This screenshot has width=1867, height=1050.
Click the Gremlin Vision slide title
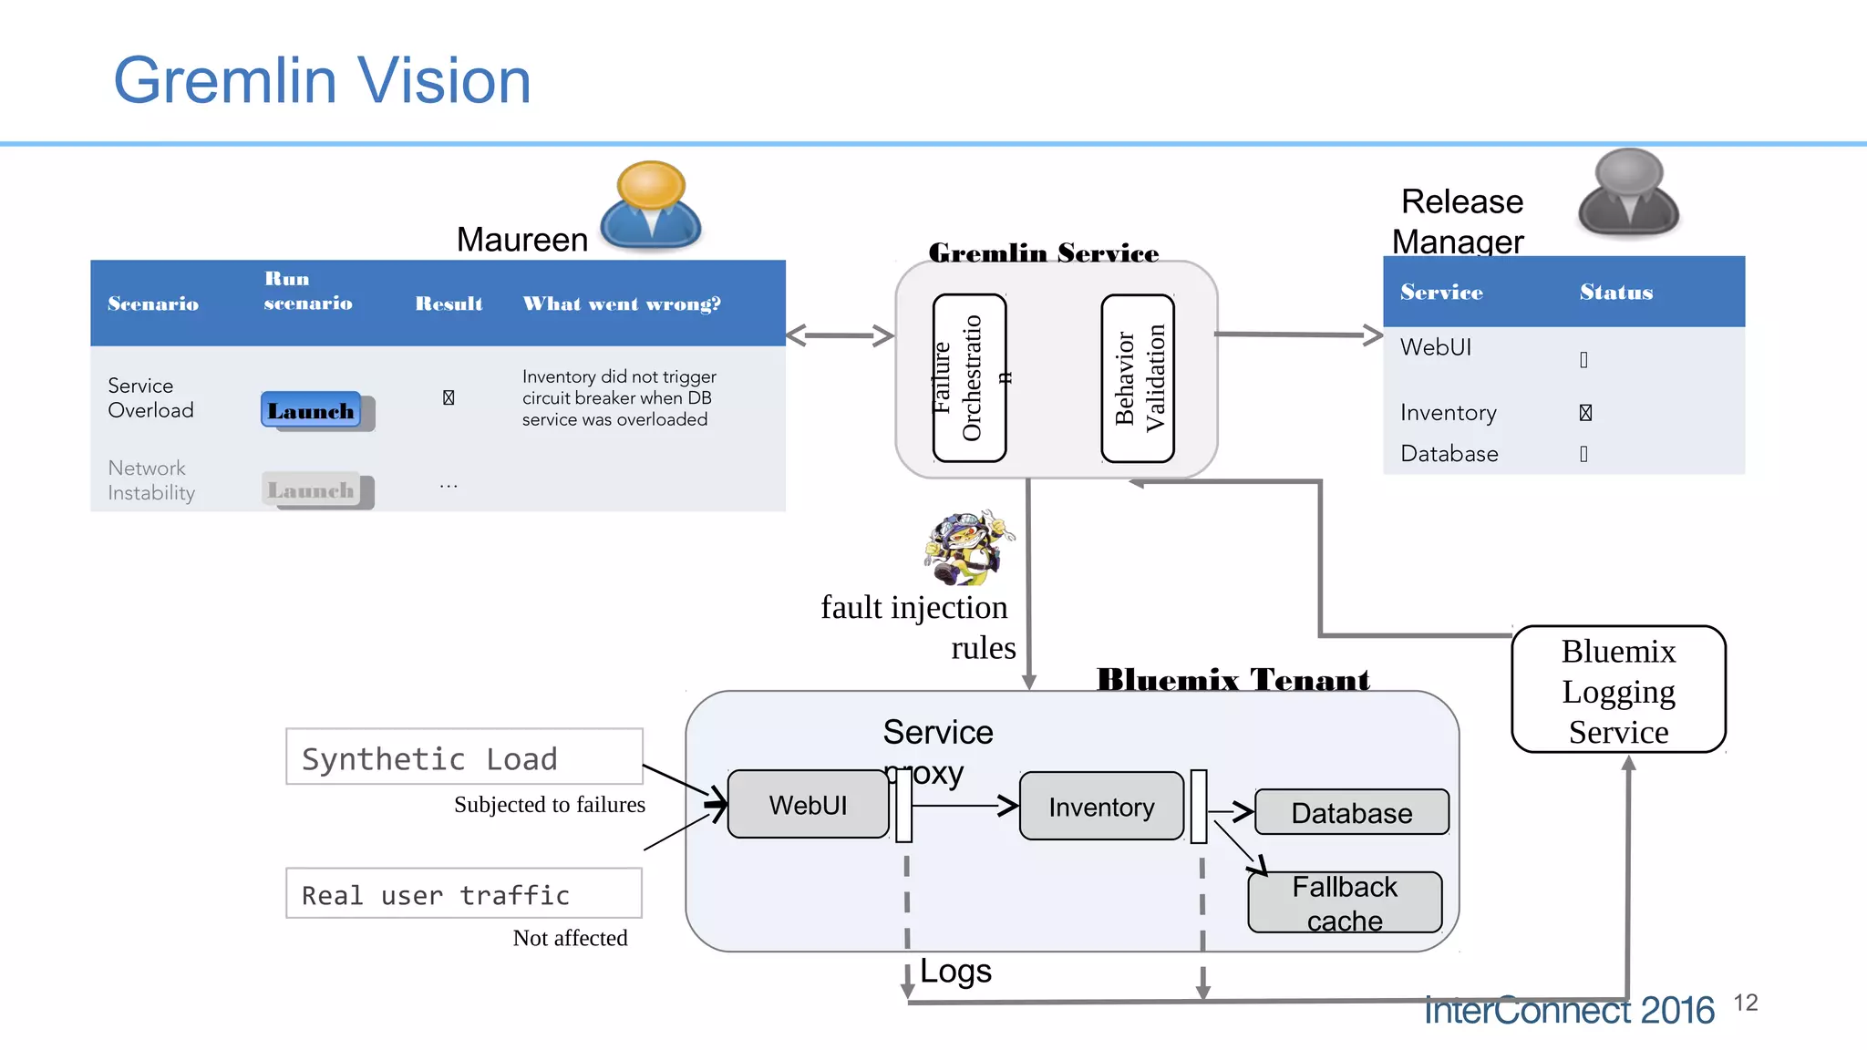tap(322, 80)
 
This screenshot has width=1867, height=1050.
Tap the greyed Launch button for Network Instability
tap(312, 490)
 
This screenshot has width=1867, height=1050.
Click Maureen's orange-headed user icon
tap(650, 205)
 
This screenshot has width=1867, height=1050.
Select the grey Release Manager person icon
tap(1628, 193)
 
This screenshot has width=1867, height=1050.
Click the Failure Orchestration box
tap(969, 377)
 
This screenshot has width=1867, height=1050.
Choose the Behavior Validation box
tap(1138, 377)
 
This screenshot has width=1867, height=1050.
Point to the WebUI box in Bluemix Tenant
tap(808, 805)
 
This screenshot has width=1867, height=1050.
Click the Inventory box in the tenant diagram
tap(1101, 807)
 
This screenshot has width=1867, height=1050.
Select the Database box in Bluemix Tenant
tap(1351, 812)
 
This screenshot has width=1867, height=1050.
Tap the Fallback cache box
tap(1345, 902)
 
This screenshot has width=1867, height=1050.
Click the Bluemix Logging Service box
tap(1618, 690)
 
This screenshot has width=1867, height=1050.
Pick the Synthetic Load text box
tap(464, 757)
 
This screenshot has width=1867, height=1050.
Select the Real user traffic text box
tap(464, 893)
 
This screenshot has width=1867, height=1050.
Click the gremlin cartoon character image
tap(967, 547)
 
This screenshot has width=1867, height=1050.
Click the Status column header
tap(1615, 293)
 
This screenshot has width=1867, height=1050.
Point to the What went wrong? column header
tap(621, 304)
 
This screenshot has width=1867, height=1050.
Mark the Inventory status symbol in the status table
tap(1585, 413)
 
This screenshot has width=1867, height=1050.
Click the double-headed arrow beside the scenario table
tap(840, 335)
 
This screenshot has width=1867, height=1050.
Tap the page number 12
tap(1745, 1003)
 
